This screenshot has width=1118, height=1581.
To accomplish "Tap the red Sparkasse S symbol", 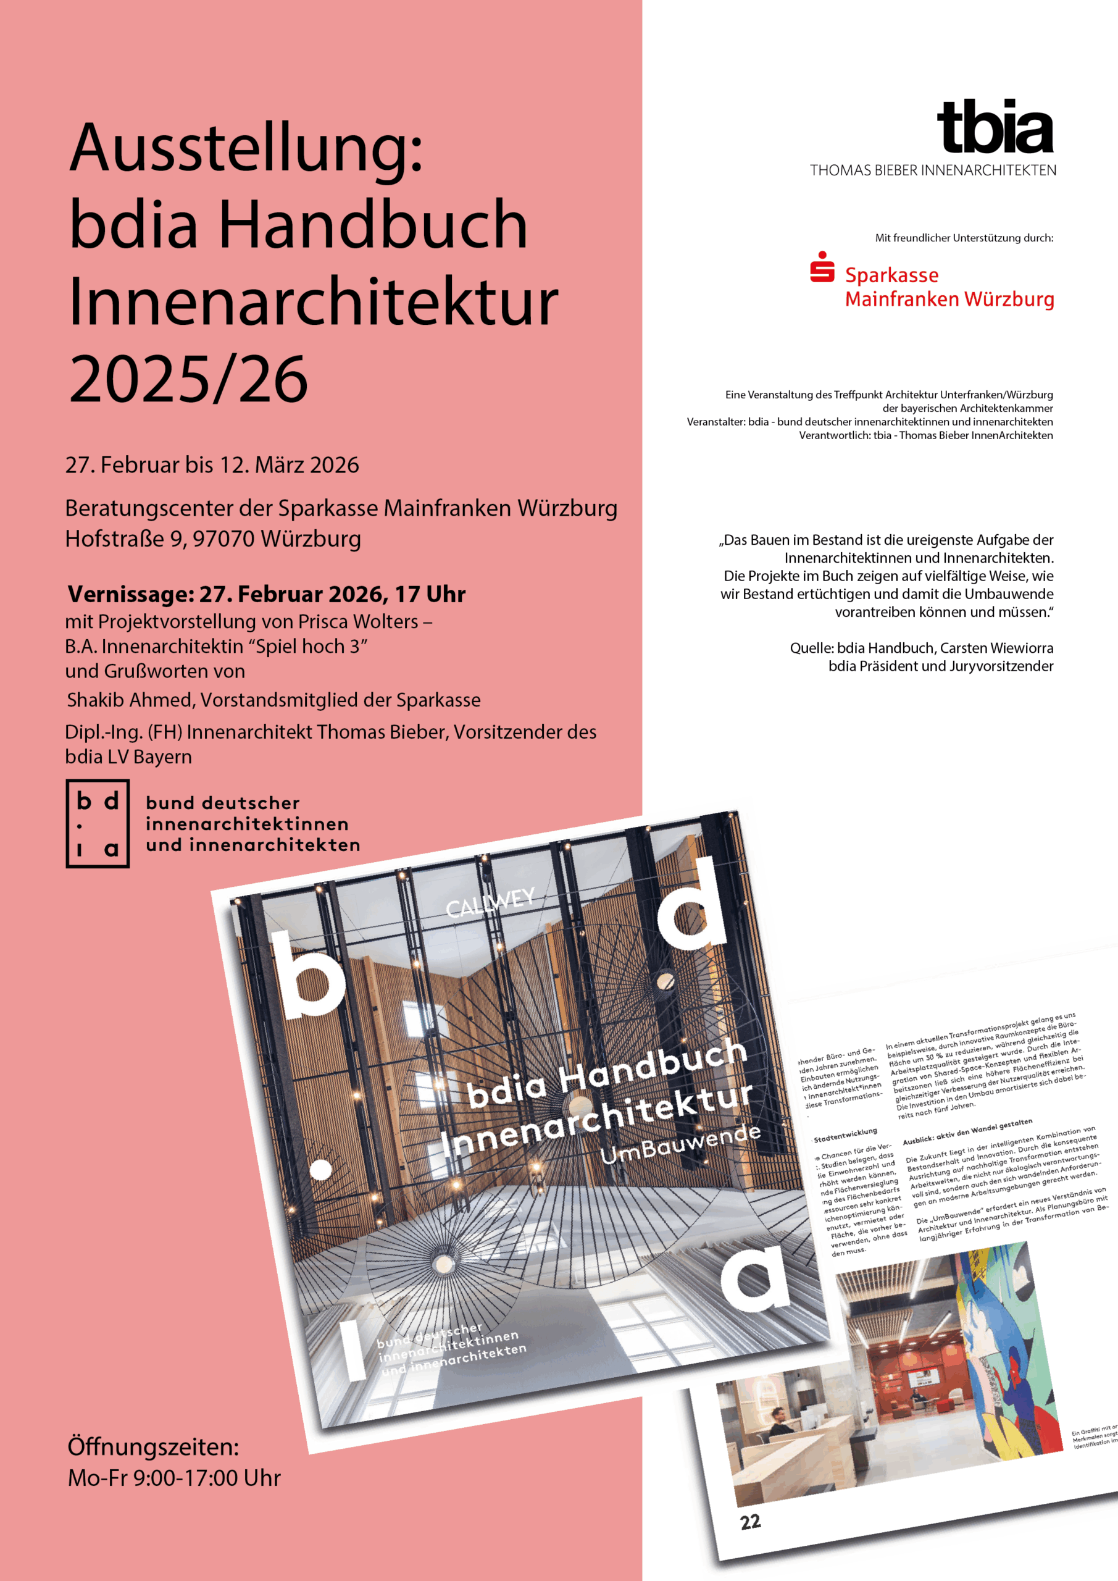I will tap(822, 267).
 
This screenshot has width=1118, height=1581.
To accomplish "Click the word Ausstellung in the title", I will tap(246, 149).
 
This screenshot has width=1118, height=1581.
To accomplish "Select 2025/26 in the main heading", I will tap(189, 379).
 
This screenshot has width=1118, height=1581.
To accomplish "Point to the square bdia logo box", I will tap(97, 824).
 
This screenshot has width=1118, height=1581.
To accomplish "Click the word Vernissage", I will tap(130, 593).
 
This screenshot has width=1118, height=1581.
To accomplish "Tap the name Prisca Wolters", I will tap(363, 622).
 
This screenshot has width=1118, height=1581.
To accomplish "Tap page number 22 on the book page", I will tap(751, 1522).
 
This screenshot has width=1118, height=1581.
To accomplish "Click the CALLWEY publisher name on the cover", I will tap(490, 903).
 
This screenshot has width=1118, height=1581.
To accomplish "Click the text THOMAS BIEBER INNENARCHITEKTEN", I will tap(933, 170).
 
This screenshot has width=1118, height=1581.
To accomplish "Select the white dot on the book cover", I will tap(321, 1168).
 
